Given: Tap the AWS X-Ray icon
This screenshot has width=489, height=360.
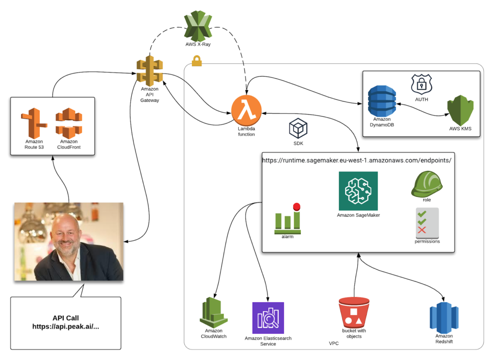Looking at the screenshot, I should coord(198,26).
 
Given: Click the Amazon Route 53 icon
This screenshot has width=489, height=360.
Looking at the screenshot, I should coord(34,123).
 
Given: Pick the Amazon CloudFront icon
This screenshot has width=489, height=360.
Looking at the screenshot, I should coord(69,123).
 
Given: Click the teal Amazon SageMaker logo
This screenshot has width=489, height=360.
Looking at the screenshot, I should coord(358,191).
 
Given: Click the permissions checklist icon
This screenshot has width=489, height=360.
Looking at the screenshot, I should coord(427,223).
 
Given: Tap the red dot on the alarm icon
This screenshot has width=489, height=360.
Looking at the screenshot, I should coord(297,207).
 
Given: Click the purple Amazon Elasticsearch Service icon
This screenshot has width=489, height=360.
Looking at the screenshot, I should coord(268,318).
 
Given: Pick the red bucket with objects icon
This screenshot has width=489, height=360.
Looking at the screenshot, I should coord(354,312).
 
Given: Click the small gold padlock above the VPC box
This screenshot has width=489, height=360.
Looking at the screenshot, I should coord(196,61).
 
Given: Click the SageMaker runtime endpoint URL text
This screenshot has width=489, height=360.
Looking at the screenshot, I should coord(356,160).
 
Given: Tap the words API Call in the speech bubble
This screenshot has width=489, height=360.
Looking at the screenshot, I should coord(66,318).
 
